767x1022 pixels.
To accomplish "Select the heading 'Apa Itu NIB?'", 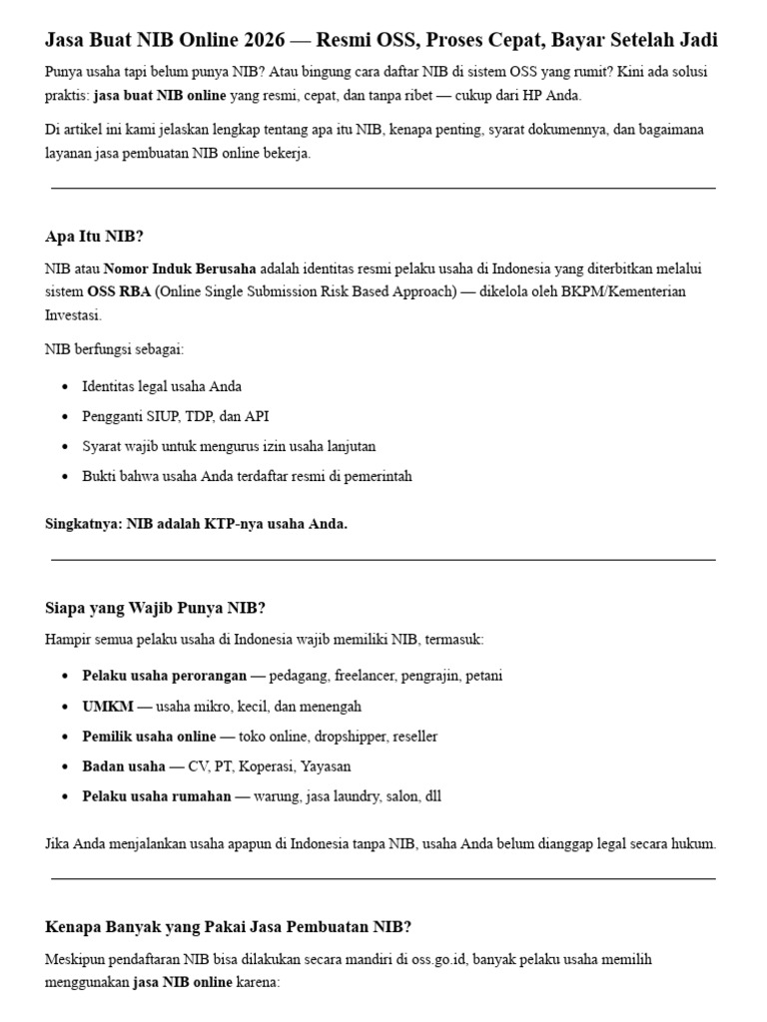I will click(x=94, y=237).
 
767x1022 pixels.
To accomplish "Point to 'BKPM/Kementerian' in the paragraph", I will click(x=658, y=291).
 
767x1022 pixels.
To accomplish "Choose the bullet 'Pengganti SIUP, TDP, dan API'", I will click(x=176, y=416).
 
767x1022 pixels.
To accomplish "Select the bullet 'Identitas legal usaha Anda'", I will click(x=162, y=386).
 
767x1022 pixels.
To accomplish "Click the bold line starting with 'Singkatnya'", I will click(x=197, y=524).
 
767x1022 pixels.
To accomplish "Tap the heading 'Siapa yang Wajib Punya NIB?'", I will click(x=155, y=608).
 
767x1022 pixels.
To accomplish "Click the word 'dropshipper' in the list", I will click(x=348, y=737).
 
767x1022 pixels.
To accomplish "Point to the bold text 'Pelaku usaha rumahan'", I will click(x=156, y=796).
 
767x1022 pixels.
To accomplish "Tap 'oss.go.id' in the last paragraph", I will click(x=436, y=960).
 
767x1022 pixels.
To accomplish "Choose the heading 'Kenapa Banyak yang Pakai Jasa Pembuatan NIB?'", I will click(x=229, y=927).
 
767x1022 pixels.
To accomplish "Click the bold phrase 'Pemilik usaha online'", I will click(x=149, y=737).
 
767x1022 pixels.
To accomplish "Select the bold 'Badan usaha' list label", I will click(x=124, y=766).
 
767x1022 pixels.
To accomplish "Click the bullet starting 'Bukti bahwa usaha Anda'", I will click(x=247, y=476).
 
